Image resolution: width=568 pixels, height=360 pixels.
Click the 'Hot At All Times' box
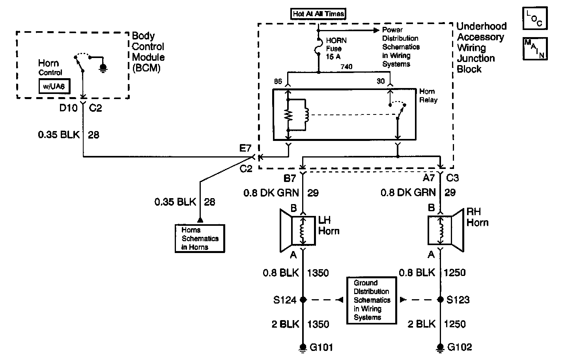coord(318,14)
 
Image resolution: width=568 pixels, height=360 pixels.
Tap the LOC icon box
coord(535,18)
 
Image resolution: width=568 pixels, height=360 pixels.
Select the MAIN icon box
coord(535,49)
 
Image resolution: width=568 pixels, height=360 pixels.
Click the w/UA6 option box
coord(54,86)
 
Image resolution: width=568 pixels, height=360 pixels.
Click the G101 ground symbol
coord(303,348)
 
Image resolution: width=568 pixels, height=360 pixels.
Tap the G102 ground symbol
coord(441,348)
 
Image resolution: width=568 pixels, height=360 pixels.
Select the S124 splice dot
coord(303,300)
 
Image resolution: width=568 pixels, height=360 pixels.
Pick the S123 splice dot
coord(441,300)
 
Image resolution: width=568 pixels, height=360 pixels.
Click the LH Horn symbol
coord(298,231)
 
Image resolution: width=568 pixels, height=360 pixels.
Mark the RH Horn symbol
coord(446,231)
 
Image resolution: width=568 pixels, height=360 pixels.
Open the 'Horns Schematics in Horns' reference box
coord(200,238)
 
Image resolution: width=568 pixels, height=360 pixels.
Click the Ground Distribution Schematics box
coord(372,300)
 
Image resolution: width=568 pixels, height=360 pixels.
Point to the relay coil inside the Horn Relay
coord(306,115)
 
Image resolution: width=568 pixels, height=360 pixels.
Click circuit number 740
coord(346,67)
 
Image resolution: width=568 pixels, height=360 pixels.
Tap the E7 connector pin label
coord(245,148)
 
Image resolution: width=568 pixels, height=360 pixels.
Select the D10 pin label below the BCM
coord(68,108)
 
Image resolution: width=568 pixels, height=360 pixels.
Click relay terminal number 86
coord(278,81)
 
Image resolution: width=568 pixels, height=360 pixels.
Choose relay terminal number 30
coord(381,81)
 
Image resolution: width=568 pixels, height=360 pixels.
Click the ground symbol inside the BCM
coord(103,68)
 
